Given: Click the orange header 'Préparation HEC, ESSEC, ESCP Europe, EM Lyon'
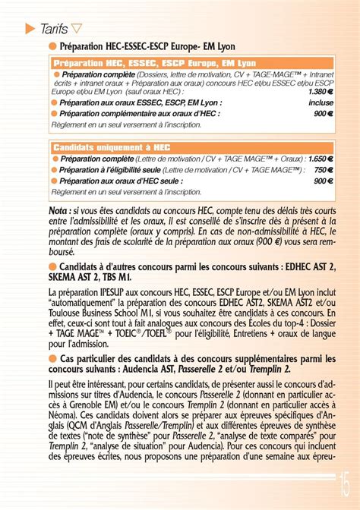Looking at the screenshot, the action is click(x=154, y=63).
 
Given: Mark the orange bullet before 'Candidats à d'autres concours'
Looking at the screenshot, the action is click(x=52, y=266).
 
